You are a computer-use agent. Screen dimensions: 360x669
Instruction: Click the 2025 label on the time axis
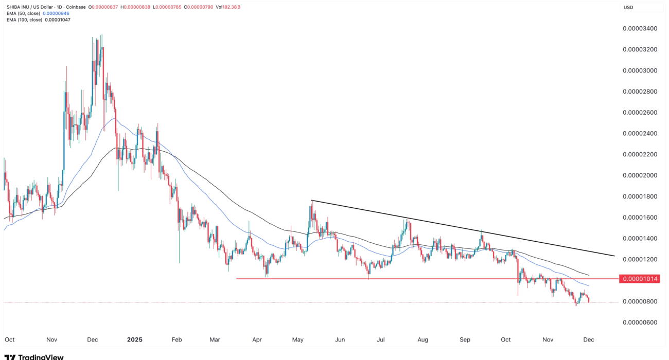[x=134, y=340]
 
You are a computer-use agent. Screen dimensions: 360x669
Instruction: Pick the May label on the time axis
[x=298, y=340]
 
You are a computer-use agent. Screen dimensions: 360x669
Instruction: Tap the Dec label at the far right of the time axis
[x=589, y=340]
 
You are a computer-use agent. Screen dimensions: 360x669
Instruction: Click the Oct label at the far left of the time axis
[x=9, y=340]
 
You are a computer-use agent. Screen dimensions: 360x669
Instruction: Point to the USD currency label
[x=628, y=7]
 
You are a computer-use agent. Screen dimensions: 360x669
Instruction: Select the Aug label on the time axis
[x=422, y=340]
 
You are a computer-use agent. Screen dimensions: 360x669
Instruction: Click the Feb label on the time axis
[x=177, y=340]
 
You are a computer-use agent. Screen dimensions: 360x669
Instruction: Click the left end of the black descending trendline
[x=311, y=200]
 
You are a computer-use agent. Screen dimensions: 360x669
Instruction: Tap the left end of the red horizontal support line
[x=237, y=279]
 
